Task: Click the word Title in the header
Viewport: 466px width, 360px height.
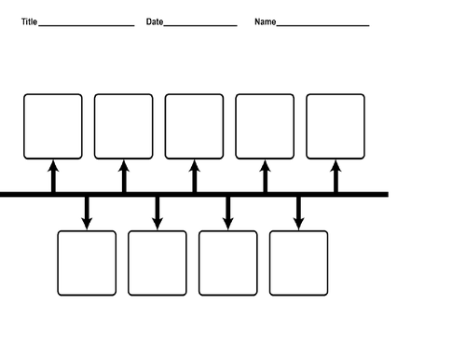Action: tap(29, 21)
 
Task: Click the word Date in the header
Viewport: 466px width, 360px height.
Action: tap(155, 21)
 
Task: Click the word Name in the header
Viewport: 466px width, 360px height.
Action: tap(265, 21)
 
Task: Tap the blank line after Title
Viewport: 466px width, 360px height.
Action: tap(87, 25)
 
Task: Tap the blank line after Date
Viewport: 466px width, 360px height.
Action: tap(200, 25)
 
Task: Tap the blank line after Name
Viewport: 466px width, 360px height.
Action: tap(322, 25)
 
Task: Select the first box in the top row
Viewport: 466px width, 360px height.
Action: tap(53, 126)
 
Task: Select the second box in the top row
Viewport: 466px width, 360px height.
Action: tap(124, 126)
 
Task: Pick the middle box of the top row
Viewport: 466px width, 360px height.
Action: tap(194, 126)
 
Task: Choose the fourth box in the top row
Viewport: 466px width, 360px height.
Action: tap(265, 126)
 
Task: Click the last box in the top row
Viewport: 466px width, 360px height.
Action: tap(336, 126)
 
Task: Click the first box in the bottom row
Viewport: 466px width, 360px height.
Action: tap(87, 263)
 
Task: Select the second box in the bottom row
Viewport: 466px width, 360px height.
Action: tap(158, 263)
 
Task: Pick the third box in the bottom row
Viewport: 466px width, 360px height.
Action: tap(228, 263)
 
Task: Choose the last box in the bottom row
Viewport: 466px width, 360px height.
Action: tap(299, 263)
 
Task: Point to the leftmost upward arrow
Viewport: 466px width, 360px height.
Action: tap(53, 175)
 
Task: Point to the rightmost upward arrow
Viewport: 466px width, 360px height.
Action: tap(336, 175)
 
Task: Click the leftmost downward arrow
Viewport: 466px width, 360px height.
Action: tap(87, 213)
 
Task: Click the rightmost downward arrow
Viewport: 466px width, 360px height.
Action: tap(299, 213)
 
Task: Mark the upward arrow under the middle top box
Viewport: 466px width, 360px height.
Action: tap(194, 175)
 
